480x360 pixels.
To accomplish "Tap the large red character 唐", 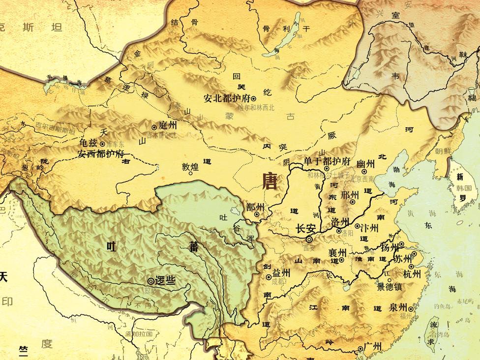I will click(270, 182).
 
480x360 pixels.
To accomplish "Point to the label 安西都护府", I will click(101, 153).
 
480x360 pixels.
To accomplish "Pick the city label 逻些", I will click(165, 281).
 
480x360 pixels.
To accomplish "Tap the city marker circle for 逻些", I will click(150, 281).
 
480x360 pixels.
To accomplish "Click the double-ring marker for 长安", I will click(308, 239).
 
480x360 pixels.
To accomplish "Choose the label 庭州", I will click(168, 126).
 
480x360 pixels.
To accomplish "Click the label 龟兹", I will click(89, 143).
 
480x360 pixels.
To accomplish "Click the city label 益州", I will click(281, 273).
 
